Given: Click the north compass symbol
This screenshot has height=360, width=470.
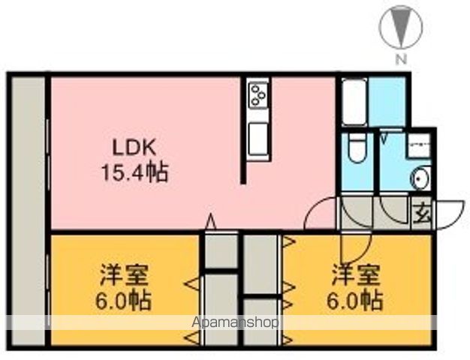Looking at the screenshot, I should pyautogui.click(x=397, y=27).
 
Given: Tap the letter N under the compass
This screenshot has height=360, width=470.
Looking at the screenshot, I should pyautogui.click(x=401, y=58).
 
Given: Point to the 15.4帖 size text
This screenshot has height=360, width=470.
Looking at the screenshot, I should pyautogui.click(x=134, y=173).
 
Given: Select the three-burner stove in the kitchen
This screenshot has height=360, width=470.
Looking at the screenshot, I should pyautogui.click(x=259, y=96).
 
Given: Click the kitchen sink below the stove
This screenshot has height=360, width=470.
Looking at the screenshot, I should pyautogui.click(x=259, y=139).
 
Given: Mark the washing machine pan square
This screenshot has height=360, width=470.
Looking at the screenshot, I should pyautogui.click(x=419, y=145).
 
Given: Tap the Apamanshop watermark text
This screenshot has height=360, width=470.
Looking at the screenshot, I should pyautogui.click(x=235, y=322).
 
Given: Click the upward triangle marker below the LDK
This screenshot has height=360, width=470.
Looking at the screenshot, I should pyautogui.click(x=211, y=222).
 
